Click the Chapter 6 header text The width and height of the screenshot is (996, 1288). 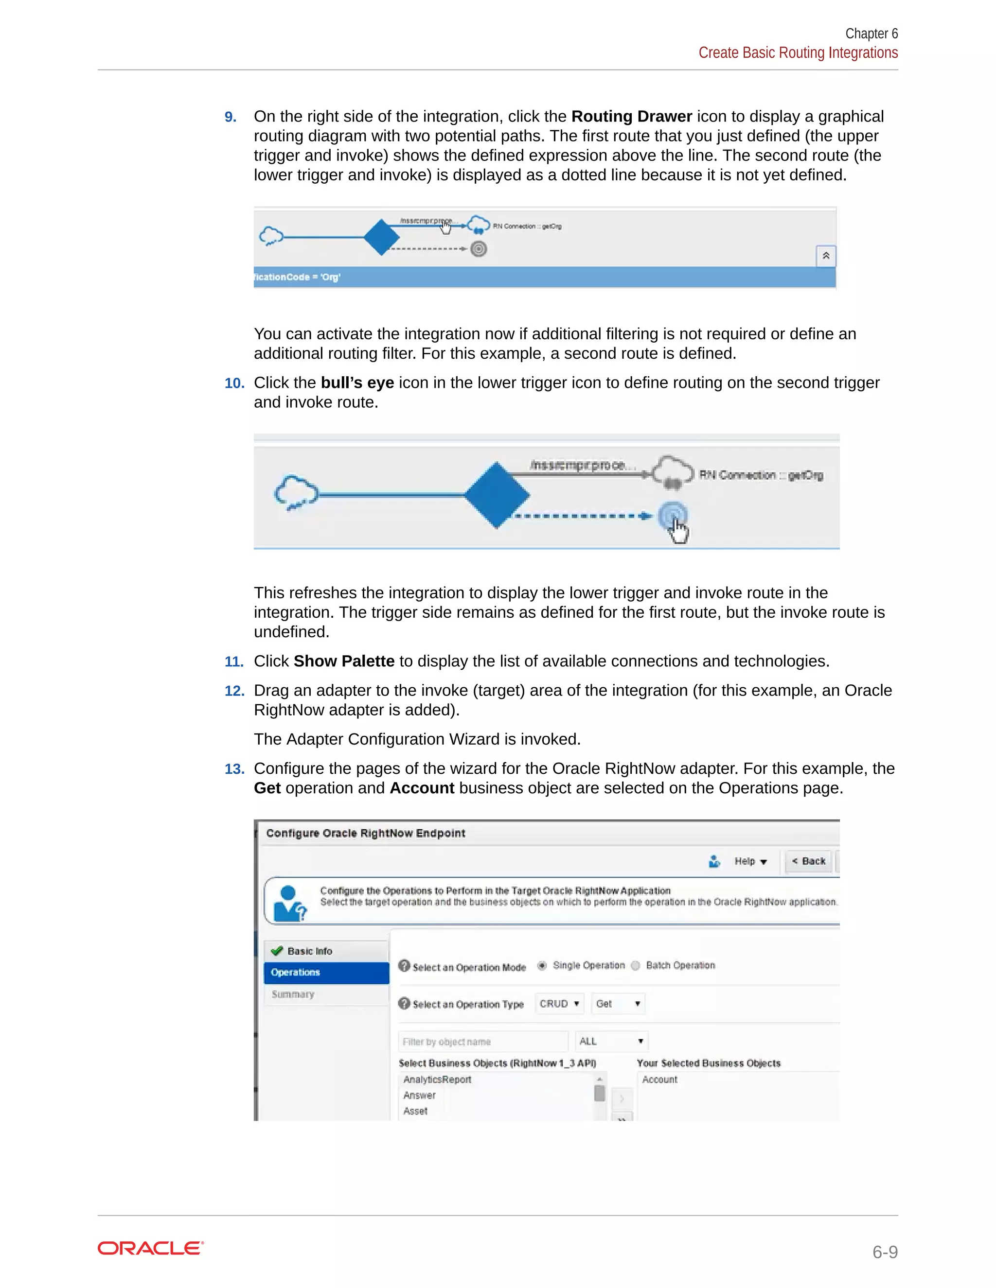(871, 34)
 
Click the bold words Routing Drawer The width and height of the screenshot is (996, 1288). (631, 116)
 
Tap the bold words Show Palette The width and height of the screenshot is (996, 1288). (344, 661)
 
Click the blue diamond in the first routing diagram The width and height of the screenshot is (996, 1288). (382, 237)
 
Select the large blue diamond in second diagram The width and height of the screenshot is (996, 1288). (497, 495)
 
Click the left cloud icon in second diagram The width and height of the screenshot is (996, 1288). (296, 492)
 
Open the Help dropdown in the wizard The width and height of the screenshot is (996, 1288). (750, 862)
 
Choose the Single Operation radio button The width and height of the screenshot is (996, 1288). (542, 965)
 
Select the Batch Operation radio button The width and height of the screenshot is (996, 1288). (636, 965)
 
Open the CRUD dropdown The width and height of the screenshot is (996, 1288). (559, 1004)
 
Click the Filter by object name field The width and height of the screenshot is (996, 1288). (482, 1042)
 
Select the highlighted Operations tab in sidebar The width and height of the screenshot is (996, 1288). (326, 973)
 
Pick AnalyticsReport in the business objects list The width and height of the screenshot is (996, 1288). (437, 1079)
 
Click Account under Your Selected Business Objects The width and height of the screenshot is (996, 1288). (659, 1079)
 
